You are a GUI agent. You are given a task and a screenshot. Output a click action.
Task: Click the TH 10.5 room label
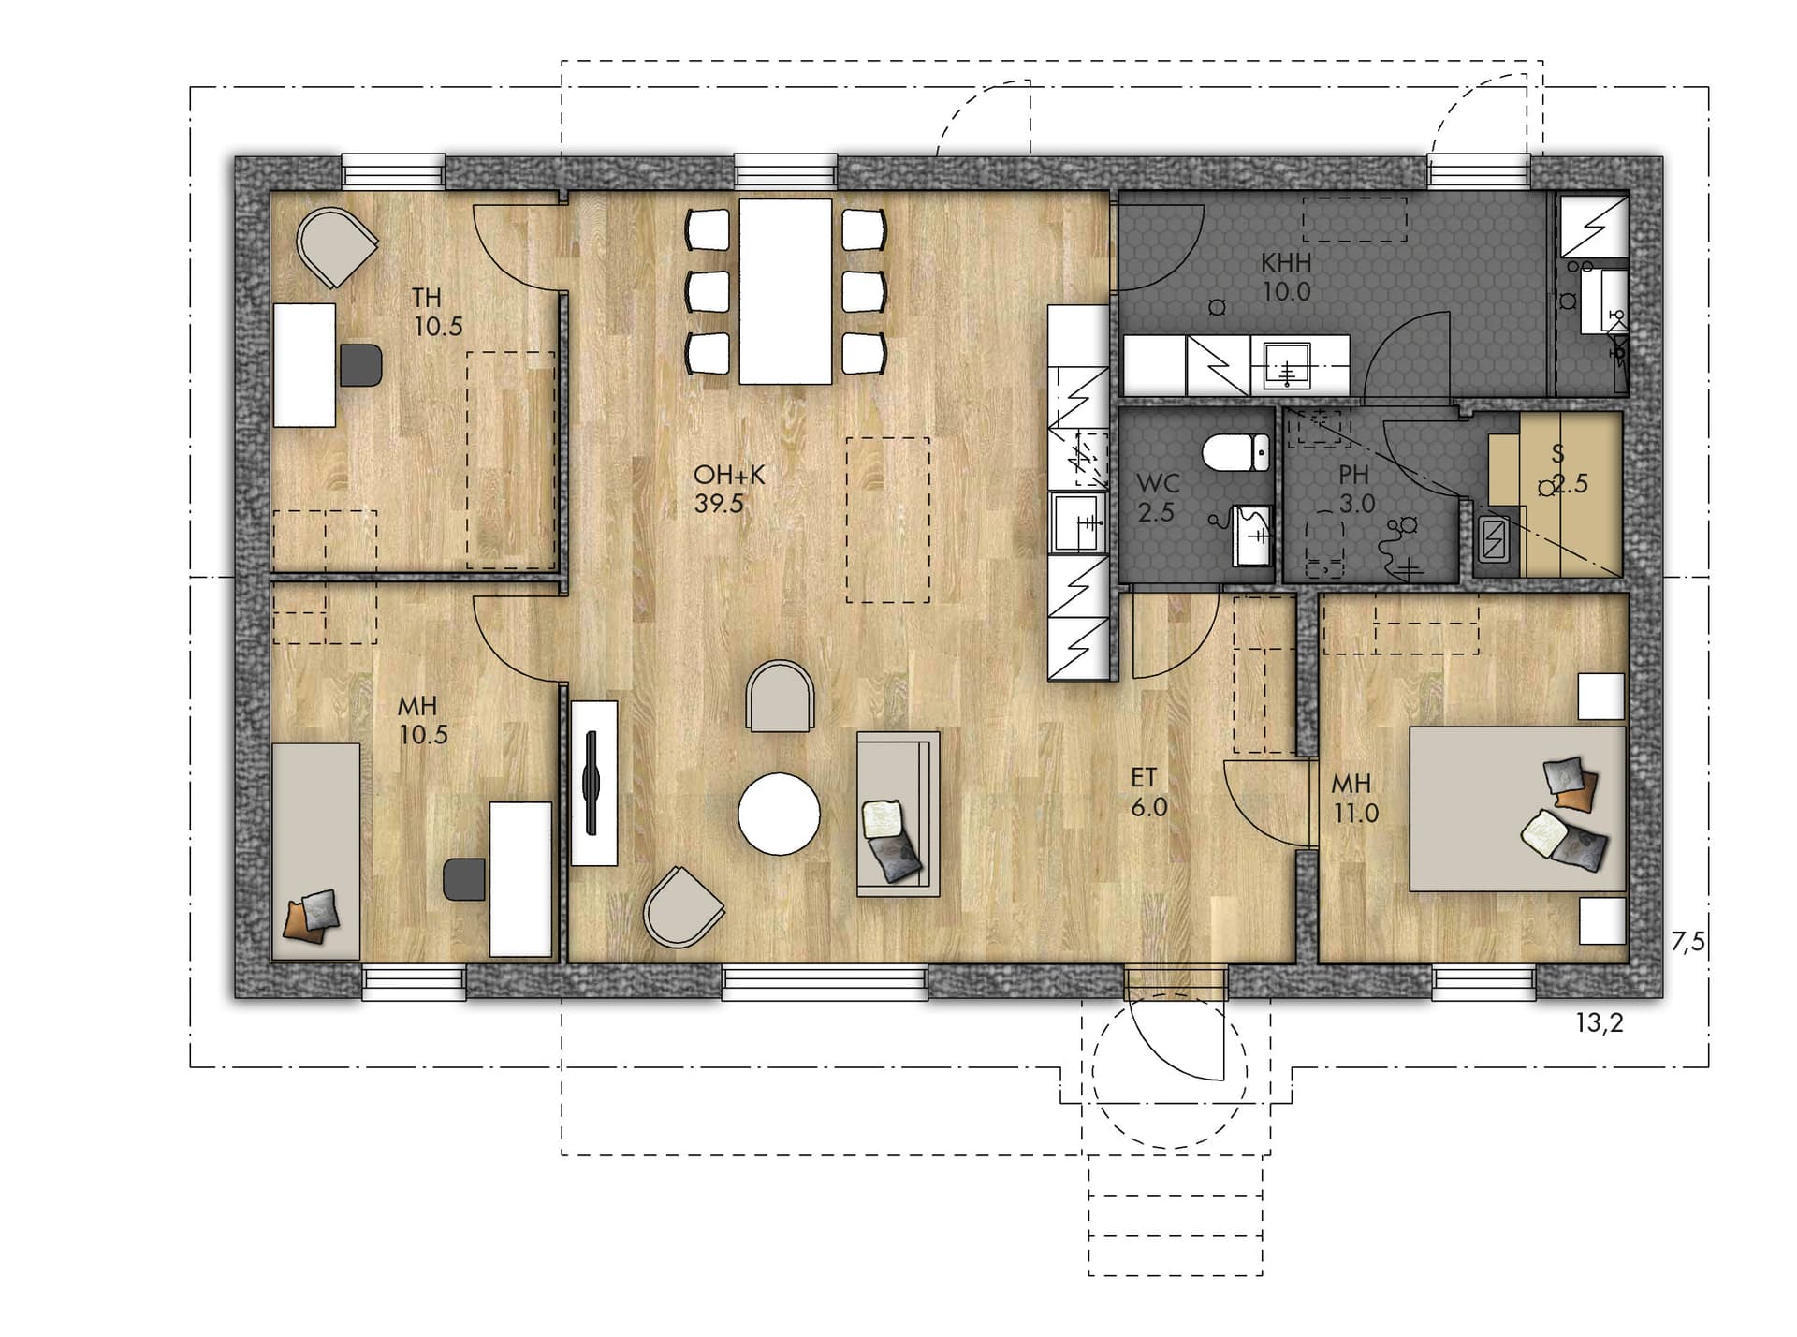click(x=438, y=312)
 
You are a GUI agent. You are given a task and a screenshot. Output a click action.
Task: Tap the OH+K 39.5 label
click(x=729, y=489)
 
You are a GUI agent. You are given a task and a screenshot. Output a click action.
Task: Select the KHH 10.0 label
click(x=1286, y=276)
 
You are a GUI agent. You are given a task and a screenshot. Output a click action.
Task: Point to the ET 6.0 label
click(x=1148, y=792)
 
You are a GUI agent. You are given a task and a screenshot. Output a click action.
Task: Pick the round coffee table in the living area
click(x=779, y=814)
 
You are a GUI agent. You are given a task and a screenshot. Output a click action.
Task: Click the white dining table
click(x=785, y=291)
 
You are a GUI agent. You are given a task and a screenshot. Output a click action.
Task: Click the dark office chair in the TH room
click(x=361, y=365)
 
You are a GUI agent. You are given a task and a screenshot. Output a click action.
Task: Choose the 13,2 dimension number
click(x=1600, y=1023)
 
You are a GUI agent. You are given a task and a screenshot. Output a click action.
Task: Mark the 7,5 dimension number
click(x=1688, y=942)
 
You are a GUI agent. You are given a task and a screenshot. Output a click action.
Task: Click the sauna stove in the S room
click(x=1495, y=539)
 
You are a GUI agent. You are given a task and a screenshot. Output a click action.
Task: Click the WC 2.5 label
click(x=1157, y=498)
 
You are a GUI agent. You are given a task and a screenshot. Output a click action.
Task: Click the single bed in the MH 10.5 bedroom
click(x=315, y=851)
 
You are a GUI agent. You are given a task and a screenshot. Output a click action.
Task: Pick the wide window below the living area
click(x=825, y=981)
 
